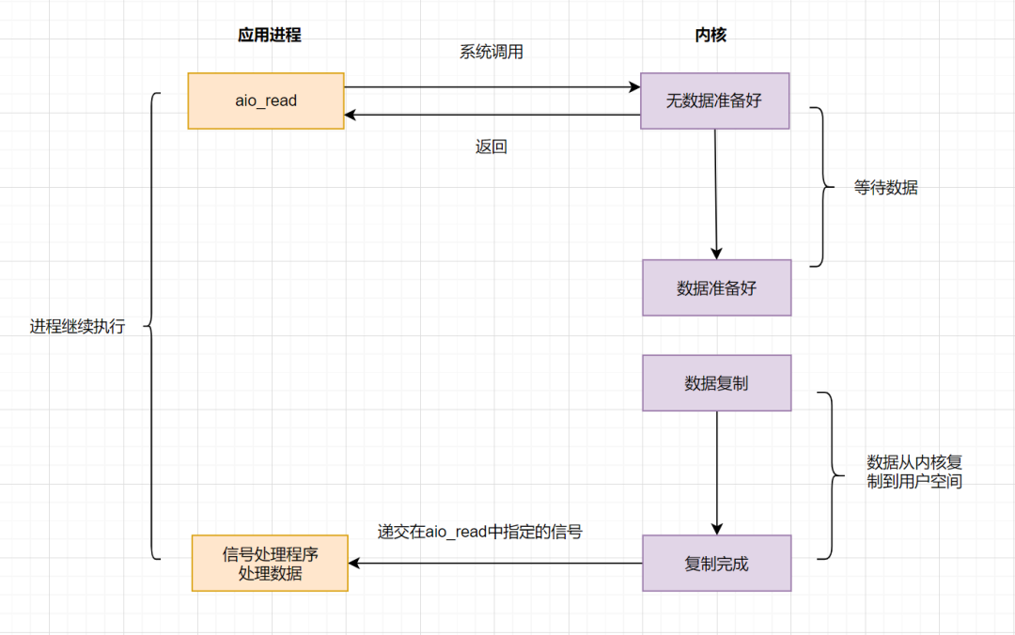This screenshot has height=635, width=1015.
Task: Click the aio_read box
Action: (266, 101)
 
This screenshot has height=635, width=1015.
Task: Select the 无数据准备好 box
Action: (714, 101)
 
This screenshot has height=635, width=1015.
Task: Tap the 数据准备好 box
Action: (716, 287)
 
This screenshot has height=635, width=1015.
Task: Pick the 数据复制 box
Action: (716, 383)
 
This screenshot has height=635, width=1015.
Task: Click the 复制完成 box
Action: (716, 564)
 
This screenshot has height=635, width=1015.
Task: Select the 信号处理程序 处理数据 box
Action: (270, 563)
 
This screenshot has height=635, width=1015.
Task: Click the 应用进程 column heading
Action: (269, 36)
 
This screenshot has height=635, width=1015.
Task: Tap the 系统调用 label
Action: (491, 53)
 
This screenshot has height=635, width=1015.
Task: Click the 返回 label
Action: (491, 147)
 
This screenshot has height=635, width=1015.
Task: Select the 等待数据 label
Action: (885, 188)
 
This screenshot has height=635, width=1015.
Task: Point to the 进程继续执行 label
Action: (77, 327)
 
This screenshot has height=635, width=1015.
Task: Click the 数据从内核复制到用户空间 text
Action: (913, 472)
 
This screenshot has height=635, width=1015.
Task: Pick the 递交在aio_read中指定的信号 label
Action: (479, 532)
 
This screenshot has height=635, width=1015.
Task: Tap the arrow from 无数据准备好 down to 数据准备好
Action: (715, 194)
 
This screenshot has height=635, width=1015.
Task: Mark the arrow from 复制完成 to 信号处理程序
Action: (495, 564)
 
